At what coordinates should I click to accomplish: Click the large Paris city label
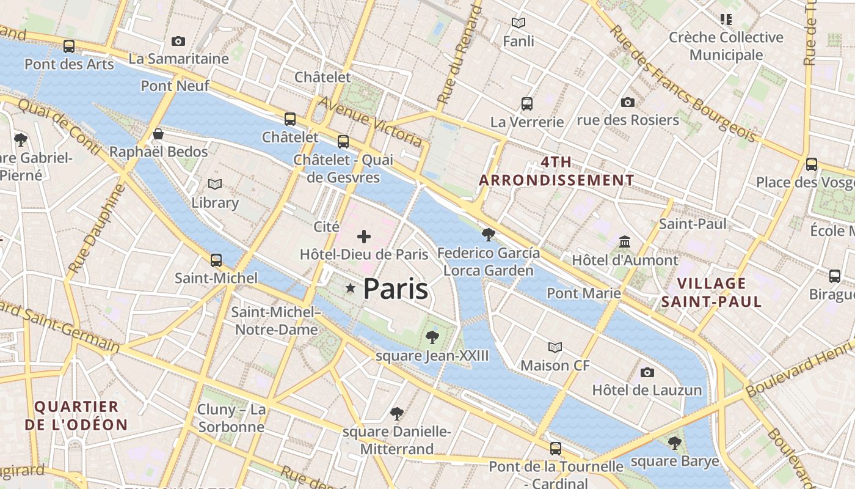tap(396, 289)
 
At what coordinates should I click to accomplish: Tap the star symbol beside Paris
tap(351, 288)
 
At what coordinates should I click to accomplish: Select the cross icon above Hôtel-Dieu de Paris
tap(364, 236)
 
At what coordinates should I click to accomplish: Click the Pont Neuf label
tap(175, 86)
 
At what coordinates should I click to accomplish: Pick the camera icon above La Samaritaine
tap(178, 41)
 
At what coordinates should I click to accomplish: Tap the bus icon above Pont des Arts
tap(69, 46)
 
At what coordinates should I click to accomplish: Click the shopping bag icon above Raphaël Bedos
tap(158, 133)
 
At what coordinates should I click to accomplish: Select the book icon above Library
tap(215, 184)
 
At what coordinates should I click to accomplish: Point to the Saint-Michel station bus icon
tap(216, 260)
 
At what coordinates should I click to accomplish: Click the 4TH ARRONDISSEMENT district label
tap(556, 171)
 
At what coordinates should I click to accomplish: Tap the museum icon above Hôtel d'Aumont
tap(625, 241)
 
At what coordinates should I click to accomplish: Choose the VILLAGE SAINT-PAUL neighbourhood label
tap(711, 292)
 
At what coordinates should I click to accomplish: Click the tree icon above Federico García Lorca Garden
tap(488, 234)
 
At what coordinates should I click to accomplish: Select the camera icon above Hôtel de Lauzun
tap(647, 372)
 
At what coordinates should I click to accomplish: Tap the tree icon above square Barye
tap(675, 443)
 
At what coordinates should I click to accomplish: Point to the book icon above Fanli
tap(518, 23)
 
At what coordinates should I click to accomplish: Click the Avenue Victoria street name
tap(370, 121)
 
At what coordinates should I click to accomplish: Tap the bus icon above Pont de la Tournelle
tap(556, 448)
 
